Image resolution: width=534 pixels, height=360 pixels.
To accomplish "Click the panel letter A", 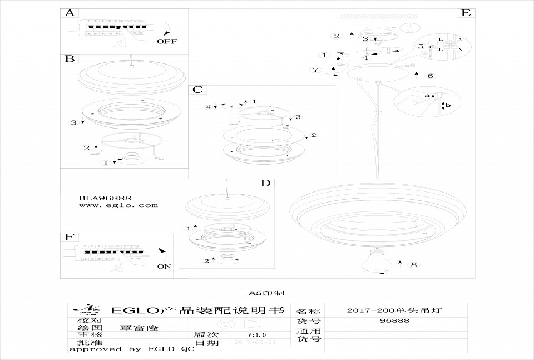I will pyautogui.click(x=70, y=13).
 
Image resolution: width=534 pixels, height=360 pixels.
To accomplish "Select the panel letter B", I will pyautogui.click(x=70, y=58).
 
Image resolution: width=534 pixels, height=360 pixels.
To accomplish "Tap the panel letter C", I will pyautogui.click(x=198, y=90).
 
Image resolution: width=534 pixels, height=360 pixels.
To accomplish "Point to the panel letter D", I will pyautogui.click(x=265, y=183).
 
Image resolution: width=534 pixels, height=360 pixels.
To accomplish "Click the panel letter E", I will pyautogui.click(x=465, y=13).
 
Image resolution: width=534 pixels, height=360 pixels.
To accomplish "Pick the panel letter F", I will pyautogui.click(x=69, y=237).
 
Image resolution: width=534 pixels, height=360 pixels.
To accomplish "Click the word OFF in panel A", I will pyautogui.click(x=167, y=41).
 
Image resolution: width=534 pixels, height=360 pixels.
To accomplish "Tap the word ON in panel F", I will pyautogui.click(x=164, y=267).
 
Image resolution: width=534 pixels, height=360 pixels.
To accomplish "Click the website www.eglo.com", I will pyautogui.click(x=118, y=205).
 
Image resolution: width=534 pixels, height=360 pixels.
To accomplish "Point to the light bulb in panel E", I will pyautogui.click(x=375, y=262).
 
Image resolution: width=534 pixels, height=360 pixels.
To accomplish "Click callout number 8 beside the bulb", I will pyautogui.click(x=413, y=264).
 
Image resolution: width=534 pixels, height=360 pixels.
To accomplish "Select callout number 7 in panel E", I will pyautogui.click(x=315, y=70).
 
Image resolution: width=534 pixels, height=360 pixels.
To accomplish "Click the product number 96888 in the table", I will pyautogui.click(x=394, y=320).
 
